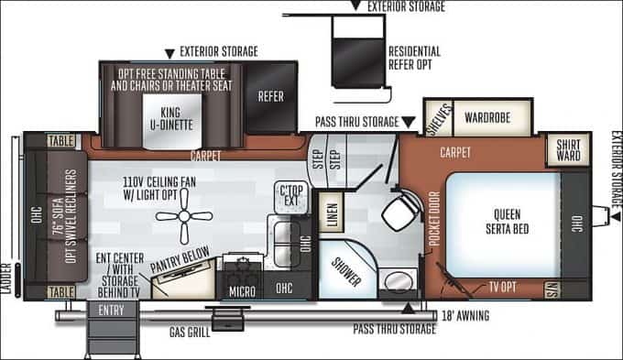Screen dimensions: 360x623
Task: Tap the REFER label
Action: tap(270, 96)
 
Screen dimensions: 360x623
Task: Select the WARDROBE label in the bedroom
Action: tap(486, 118)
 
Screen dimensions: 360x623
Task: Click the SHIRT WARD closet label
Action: tap(568, 149)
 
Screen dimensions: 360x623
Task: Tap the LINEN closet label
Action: tap(332, 215)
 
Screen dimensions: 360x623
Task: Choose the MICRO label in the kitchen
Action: tap(241, 291)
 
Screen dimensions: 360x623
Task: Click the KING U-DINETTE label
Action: tap(174, 119)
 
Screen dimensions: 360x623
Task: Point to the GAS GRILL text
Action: tap(189, 332)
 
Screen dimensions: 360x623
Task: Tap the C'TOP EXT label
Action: tap(290, 193)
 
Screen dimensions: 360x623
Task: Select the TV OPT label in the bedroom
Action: tap(501, 287)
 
